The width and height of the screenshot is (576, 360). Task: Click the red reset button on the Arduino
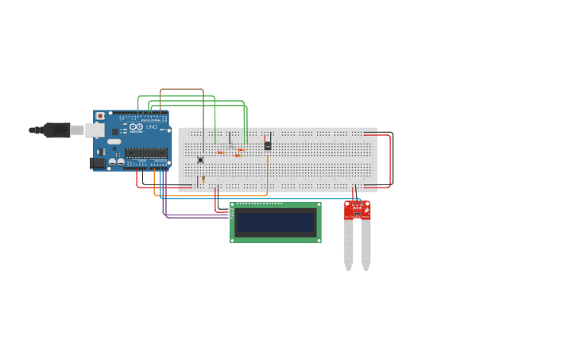[x=100, y=116]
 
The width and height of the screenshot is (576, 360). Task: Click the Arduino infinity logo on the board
[x=134, y=126]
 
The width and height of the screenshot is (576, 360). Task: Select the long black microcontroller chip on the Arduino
[x=145, y=153]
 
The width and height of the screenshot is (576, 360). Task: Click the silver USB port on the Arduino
[x=94, y=130]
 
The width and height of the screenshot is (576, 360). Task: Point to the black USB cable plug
[x=56, y=130]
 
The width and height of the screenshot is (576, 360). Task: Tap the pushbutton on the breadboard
[x=200, y=159]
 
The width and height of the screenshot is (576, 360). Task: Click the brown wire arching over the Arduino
[x=183, y=90]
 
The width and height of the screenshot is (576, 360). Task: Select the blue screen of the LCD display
[x=276, y=222]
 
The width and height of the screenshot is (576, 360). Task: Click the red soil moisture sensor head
[x=357, y=210]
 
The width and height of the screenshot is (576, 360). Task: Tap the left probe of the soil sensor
[x=348, y=246]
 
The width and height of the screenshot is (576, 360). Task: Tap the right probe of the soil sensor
[x=365, y=246]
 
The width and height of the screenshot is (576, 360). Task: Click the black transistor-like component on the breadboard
[x=268, y=145]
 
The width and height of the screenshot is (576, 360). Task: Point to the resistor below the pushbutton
[x=203, y=179]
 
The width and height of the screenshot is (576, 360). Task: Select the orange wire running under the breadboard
[x=215, y=194]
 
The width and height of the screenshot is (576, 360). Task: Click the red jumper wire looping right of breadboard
[x=390, y=159]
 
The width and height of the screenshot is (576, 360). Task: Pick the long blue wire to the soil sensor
[x=262, y=199]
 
